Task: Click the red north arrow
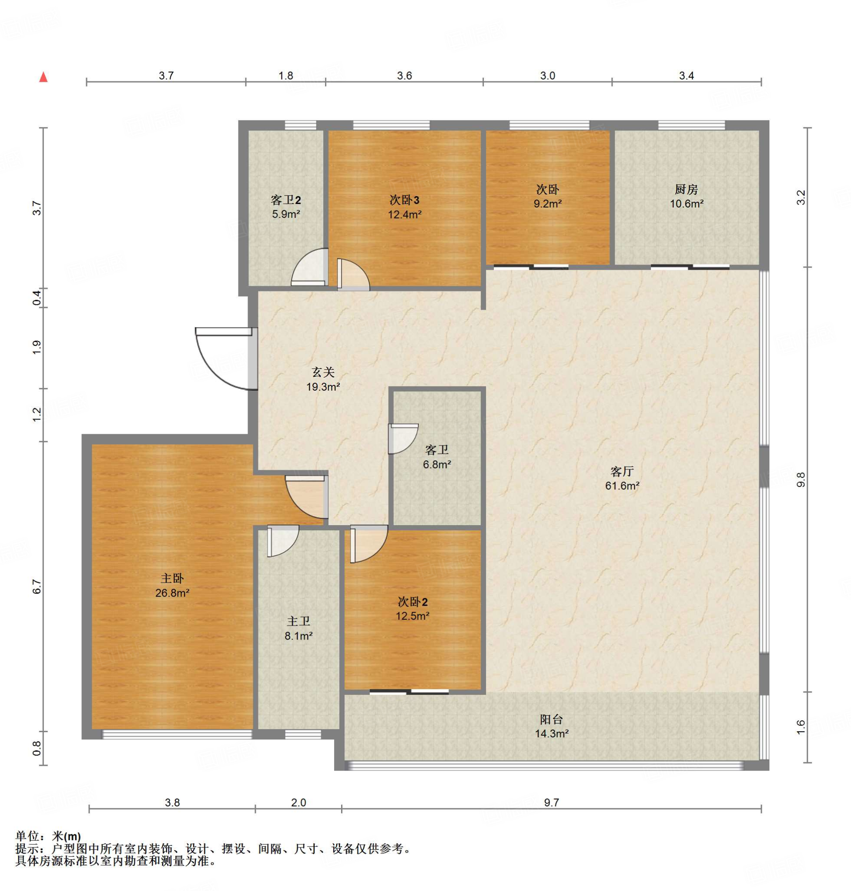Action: coord(44,77)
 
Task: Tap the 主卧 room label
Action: coord(172,579)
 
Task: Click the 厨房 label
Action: coord(687,189)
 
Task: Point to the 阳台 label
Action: coord(552,719)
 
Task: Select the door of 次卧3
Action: coord(353,275)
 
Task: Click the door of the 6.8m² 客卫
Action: coord(403,439)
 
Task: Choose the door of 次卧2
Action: coord(369,543)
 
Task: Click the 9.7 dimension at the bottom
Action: coord(551,803)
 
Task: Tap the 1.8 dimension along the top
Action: coord(286,76)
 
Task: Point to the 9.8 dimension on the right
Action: coord(801,480)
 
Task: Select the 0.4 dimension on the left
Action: coord(37,298)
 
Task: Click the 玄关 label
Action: coord(323,372)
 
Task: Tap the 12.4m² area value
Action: coord(405,214)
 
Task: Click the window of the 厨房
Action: coord(691,125)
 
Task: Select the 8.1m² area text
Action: coord(298,636)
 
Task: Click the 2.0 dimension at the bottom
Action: coord(298,803)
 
